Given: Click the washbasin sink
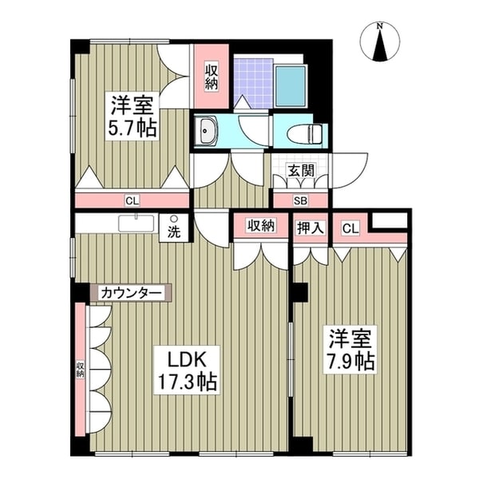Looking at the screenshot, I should [x=210, y=129].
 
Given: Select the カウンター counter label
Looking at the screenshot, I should [x=132, y=293].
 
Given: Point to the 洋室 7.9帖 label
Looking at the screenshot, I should [x=349, y=349].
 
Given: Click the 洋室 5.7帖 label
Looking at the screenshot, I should [x=133, y=117].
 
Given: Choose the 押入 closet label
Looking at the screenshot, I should [x=311, y=227].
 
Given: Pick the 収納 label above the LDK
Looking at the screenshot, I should [x=260, y=226].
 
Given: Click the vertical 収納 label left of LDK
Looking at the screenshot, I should [x=81, y=369].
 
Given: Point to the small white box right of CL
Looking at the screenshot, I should [x=389, y=220].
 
